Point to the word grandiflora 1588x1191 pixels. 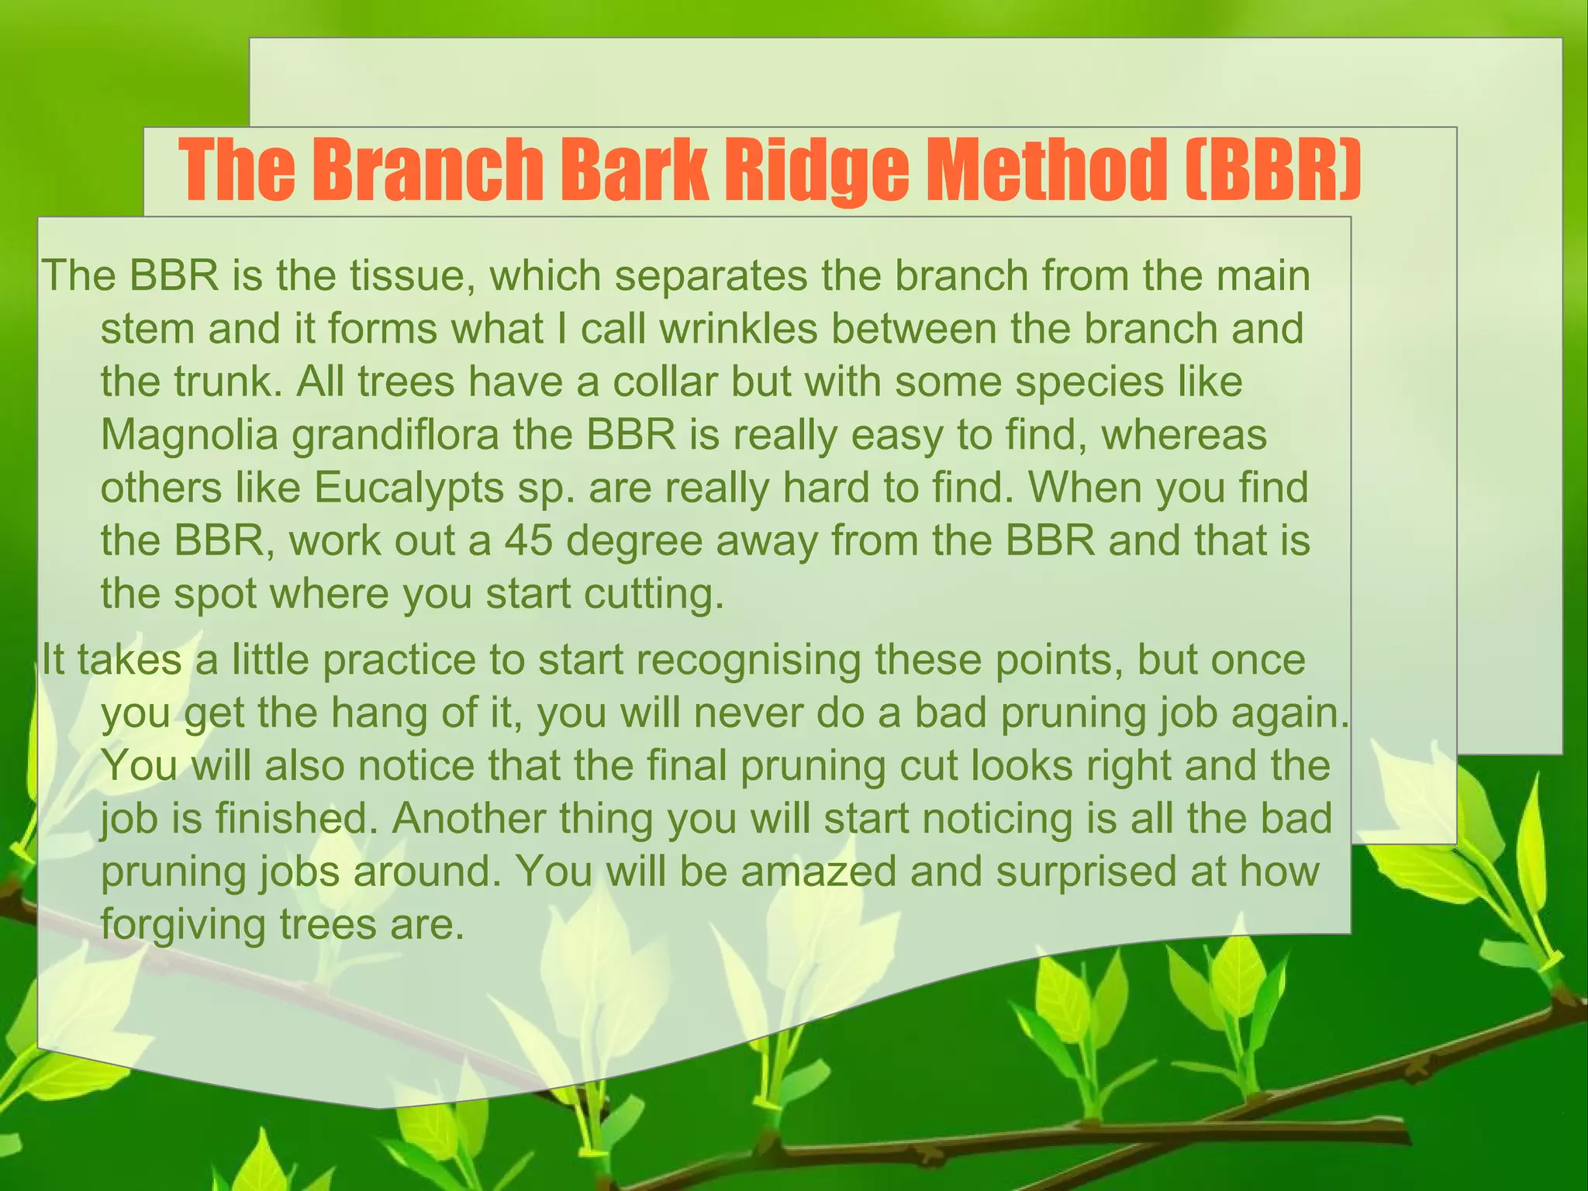coord(395,435)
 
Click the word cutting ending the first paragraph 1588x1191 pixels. coord(648,594)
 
